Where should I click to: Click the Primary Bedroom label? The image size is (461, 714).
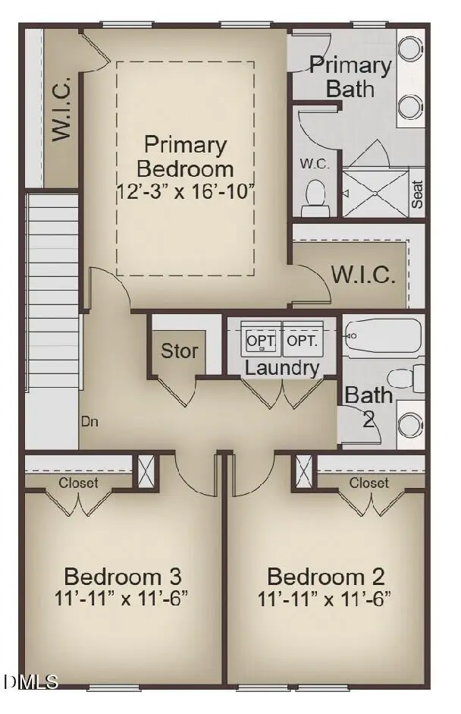[x=185, y=156]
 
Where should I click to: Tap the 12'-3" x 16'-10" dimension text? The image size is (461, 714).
[x=185, y=190]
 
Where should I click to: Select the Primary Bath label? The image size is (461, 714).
[x=350, y=76]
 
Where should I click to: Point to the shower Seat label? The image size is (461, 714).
[x=417, y=193]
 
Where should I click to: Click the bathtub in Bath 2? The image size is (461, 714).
[x=382, y=336]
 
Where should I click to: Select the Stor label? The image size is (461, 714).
[x=179, y=351]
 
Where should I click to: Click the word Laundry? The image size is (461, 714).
[x=283, y=368]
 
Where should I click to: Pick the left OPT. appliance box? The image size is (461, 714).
[x=261, y=341]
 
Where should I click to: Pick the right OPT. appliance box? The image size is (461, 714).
[x=303, y=341]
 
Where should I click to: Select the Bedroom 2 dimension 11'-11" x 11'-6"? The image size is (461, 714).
[x=325, y=597]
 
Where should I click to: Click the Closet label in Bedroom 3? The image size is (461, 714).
[x=79, y=483]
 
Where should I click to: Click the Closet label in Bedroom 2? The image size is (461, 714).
[x=369, y=483]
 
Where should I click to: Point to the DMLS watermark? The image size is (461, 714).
[x=30, y=682]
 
